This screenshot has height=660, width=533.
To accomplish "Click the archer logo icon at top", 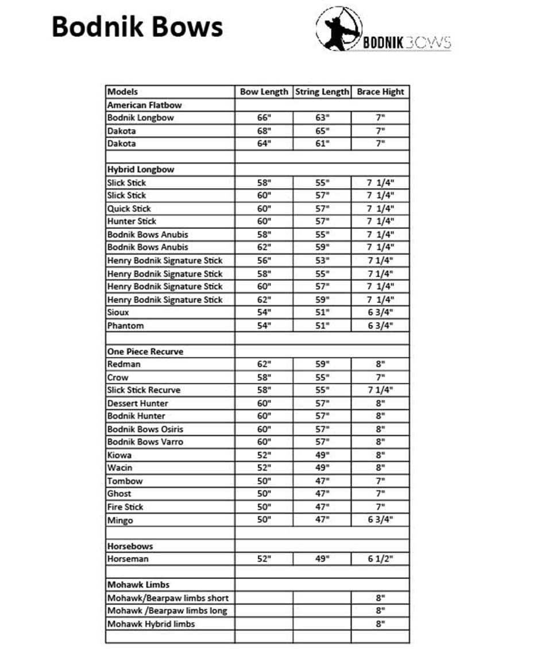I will pyautogui.click(x=339, y=29).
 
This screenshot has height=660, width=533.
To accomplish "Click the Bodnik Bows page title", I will pyautogui.click(x=137, y=27).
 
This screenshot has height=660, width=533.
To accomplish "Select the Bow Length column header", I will pyautogui.click(x=264, y=91).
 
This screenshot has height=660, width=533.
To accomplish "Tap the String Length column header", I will pyautogui.click(x=322, y=91).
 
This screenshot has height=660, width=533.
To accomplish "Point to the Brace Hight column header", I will pyautogui.click(x=380, y=91).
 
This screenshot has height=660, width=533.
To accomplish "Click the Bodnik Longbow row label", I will pyautogui.click(x=141, y=118).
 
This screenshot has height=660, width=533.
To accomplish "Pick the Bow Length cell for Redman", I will pyautogui.click(x=264, y=364).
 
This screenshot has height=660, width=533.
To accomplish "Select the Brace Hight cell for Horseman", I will pyautogui.click(x=380, y=559).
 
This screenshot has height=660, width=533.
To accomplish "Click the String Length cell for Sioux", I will pyautogui.click(x=322, y=313).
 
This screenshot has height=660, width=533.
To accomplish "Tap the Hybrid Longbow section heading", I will pyautogui.click(x=141, y=170).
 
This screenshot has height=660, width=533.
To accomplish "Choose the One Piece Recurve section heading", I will pyautogui.click(x=145, y=351).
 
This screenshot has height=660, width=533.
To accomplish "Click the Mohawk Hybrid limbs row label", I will pyautogui.click(x=151, y=624).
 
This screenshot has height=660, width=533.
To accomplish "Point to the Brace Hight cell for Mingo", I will pyautogui.click(x=380, y=520).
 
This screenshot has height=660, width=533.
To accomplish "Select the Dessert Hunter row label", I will pyautogui.click(x=138, y=403).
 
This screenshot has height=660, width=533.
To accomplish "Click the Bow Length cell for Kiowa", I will pyautogui.click(x=264, y=455).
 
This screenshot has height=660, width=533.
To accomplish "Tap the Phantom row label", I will pyautogui.click(x=126, y=325).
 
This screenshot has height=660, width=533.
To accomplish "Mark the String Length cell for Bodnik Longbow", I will pyautogui.click(x=322, y=118).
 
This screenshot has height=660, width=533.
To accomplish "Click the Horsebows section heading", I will pyautogui.click(x=130, y=546).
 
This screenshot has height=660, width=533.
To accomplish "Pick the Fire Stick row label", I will pyautogui.click(x=125, y=507).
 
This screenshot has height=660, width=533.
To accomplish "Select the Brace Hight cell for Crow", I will pyautogui.click(x=380, y=377).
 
